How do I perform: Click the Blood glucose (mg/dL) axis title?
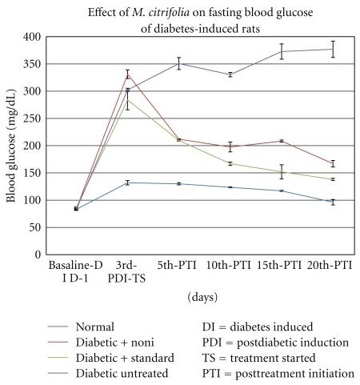11,146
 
